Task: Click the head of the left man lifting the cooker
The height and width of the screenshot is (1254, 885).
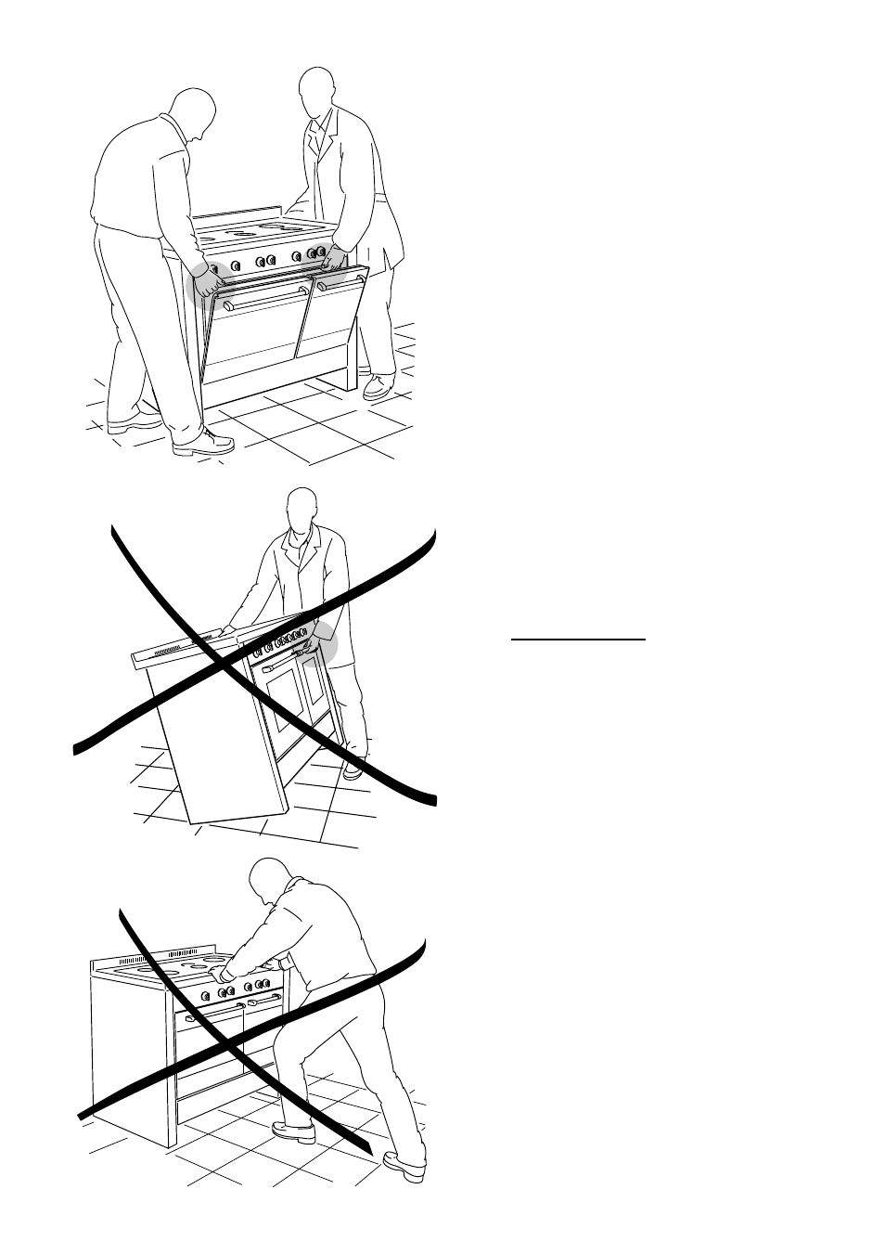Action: (196, 112)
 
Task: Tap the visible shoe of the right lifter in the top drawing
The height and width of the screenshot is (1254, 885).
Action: (378, 386)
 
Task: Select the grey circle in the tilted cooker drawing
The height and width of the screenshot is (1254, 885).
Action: (323, 644)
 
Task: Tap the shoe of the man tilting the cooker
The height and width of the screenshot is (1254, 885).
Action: (353, 768)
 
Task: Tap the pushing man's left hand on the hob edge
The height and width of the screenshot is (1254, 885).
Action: (223, 973)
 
